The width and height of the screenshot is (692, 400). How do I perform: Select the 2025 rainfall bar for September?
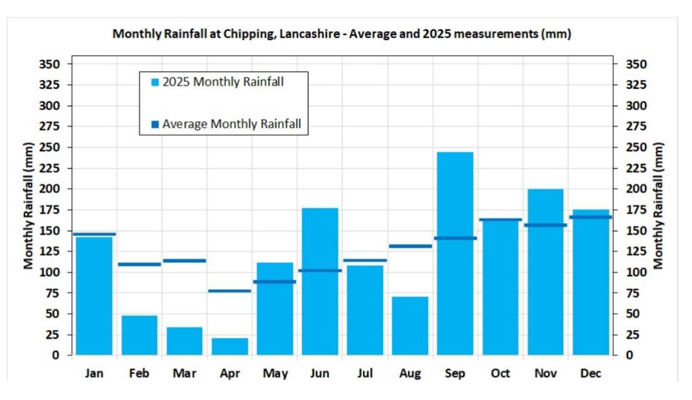point(455,254)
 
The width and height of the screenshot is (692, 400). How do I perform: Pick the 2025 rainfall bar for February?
point(140,335)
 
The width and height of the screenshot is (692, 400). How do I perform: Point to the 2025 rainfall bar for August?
point(410,326)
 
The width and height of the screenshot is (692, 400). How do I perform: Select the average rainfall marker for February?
point(140,264)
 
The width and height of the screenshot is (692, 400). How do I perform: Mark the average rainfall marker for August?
point(410,246)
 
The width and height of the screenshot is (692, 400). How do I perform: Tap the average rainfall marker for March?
point(185,260)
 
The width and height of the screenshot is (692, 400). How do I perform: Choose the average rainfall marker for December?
point(590,217)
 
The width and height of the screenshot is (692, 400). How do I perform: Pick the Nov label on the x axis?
point(545,374)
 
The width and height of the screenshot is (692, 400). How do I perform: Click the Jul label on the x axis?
point(365,374)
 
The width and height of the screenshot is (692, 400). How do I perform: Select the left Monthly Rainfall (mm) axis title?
point(29,210)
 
